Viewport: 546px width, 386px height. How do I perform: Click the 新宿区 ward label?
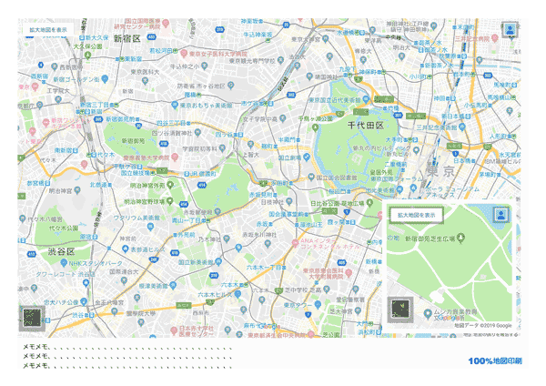coord(126,39)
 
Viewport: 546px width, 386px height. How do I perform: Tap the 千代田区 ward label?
coord(366,124)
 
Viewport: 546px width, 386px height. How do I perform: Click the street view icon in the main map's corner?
coord(510,29)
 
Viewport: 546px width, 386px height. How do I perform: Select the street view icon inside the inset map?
coord(500,215)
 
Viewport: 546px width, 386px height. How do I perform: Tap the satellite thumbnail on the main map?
coord(33,319)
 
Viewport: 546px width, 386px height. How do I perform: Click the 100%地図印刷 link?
coord(496,361)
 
